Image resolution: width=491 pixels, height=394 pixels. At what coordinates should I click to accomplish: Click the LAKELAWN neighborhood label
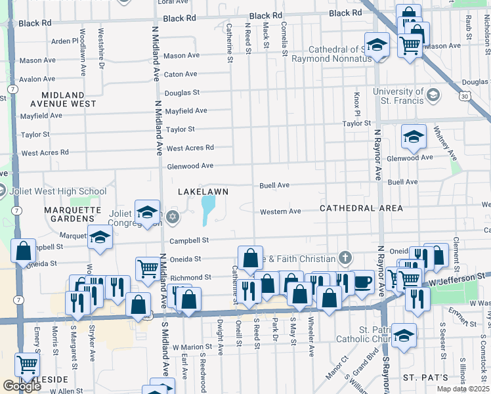point(203,191)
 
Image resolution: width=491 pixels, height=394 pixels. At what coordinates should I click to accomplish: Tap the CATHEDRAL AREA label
point(361,208)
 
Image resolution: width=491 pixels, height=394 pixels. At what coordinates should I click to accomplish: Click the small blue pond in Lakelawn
point(208,210)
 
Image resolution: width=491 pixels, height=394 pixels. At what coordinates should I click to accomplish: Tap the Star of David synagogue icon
point(173,216)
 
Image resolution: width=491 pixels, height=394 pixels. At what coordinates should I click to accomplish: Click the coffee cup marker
point(362,282)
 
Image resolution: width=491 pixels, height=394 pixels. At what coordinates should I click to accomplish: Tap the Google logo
point(22,385)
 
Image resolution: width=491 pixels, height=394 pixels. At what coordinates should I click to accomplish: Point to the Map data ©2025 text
point(463,389)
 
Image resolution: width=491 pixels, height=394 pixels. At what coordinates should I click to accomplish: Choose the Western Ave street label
point(280,211)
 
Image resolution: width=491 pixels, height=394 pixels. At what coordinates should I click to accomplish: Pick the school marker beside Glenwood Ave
point(414,137)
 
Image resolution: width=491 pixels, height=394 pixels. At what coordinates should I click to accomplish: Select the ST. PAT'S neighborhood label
point(425,378)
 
